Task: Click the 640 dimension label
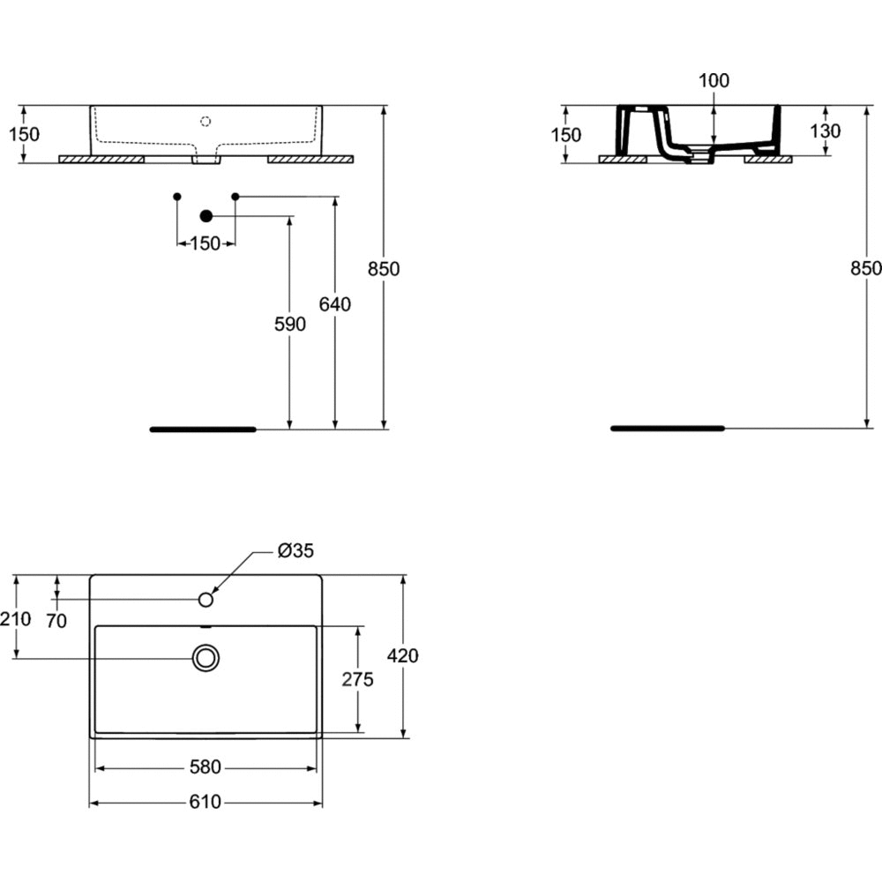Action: pyautogui.click(x=334, y=304)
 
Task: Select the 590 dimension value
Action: pyautogui.click(x=289, y=324)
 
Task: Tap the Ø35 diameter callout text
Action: pyautogui.click(x=295, y=550)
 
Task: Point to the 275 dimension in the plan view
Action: pyautogui.click(x=357, y=679)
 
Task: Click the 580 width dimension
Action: pyautogui.click(x=206, y=767)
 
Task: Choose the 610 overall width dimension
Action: pyautogui.click(x=206, y=802)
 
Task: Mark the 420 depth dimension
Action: pyautogui.click(x=403, y=655)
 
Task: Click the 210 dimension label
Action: pyautogui.click(x=16, y=619)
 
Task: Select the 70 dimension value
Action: pyautogui.click(x=56, y=621)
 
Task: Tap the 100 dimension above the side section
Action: pyautogui.click(x=714, y=81)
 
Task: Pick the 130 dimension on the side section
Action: pyautogui.click(x=826, y=131)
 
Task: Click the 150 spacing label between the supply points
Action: pyautogui.click(x=206, y=243)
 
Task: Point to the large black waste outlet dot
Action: pyautogui.click(x=206, y=216)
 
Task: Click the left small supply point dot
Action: pyautogui.click(x=177, y=197)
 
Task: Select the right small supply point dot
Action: pyautogui.click(x=235, y=197)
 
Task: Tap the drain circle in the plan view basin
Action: pyautogui.click(x=206, y=658)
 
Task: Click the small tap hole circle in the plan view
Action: pyautogui.click(x=206, y=600)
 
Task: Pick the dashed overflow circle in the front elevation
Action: pyautogui.click(x=206, y=121)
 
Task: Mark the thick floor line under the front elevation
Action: pyautogui.click(x=203, y=430)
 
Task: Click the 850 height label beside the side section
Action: pyautogui.click(x=866, y=269)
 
